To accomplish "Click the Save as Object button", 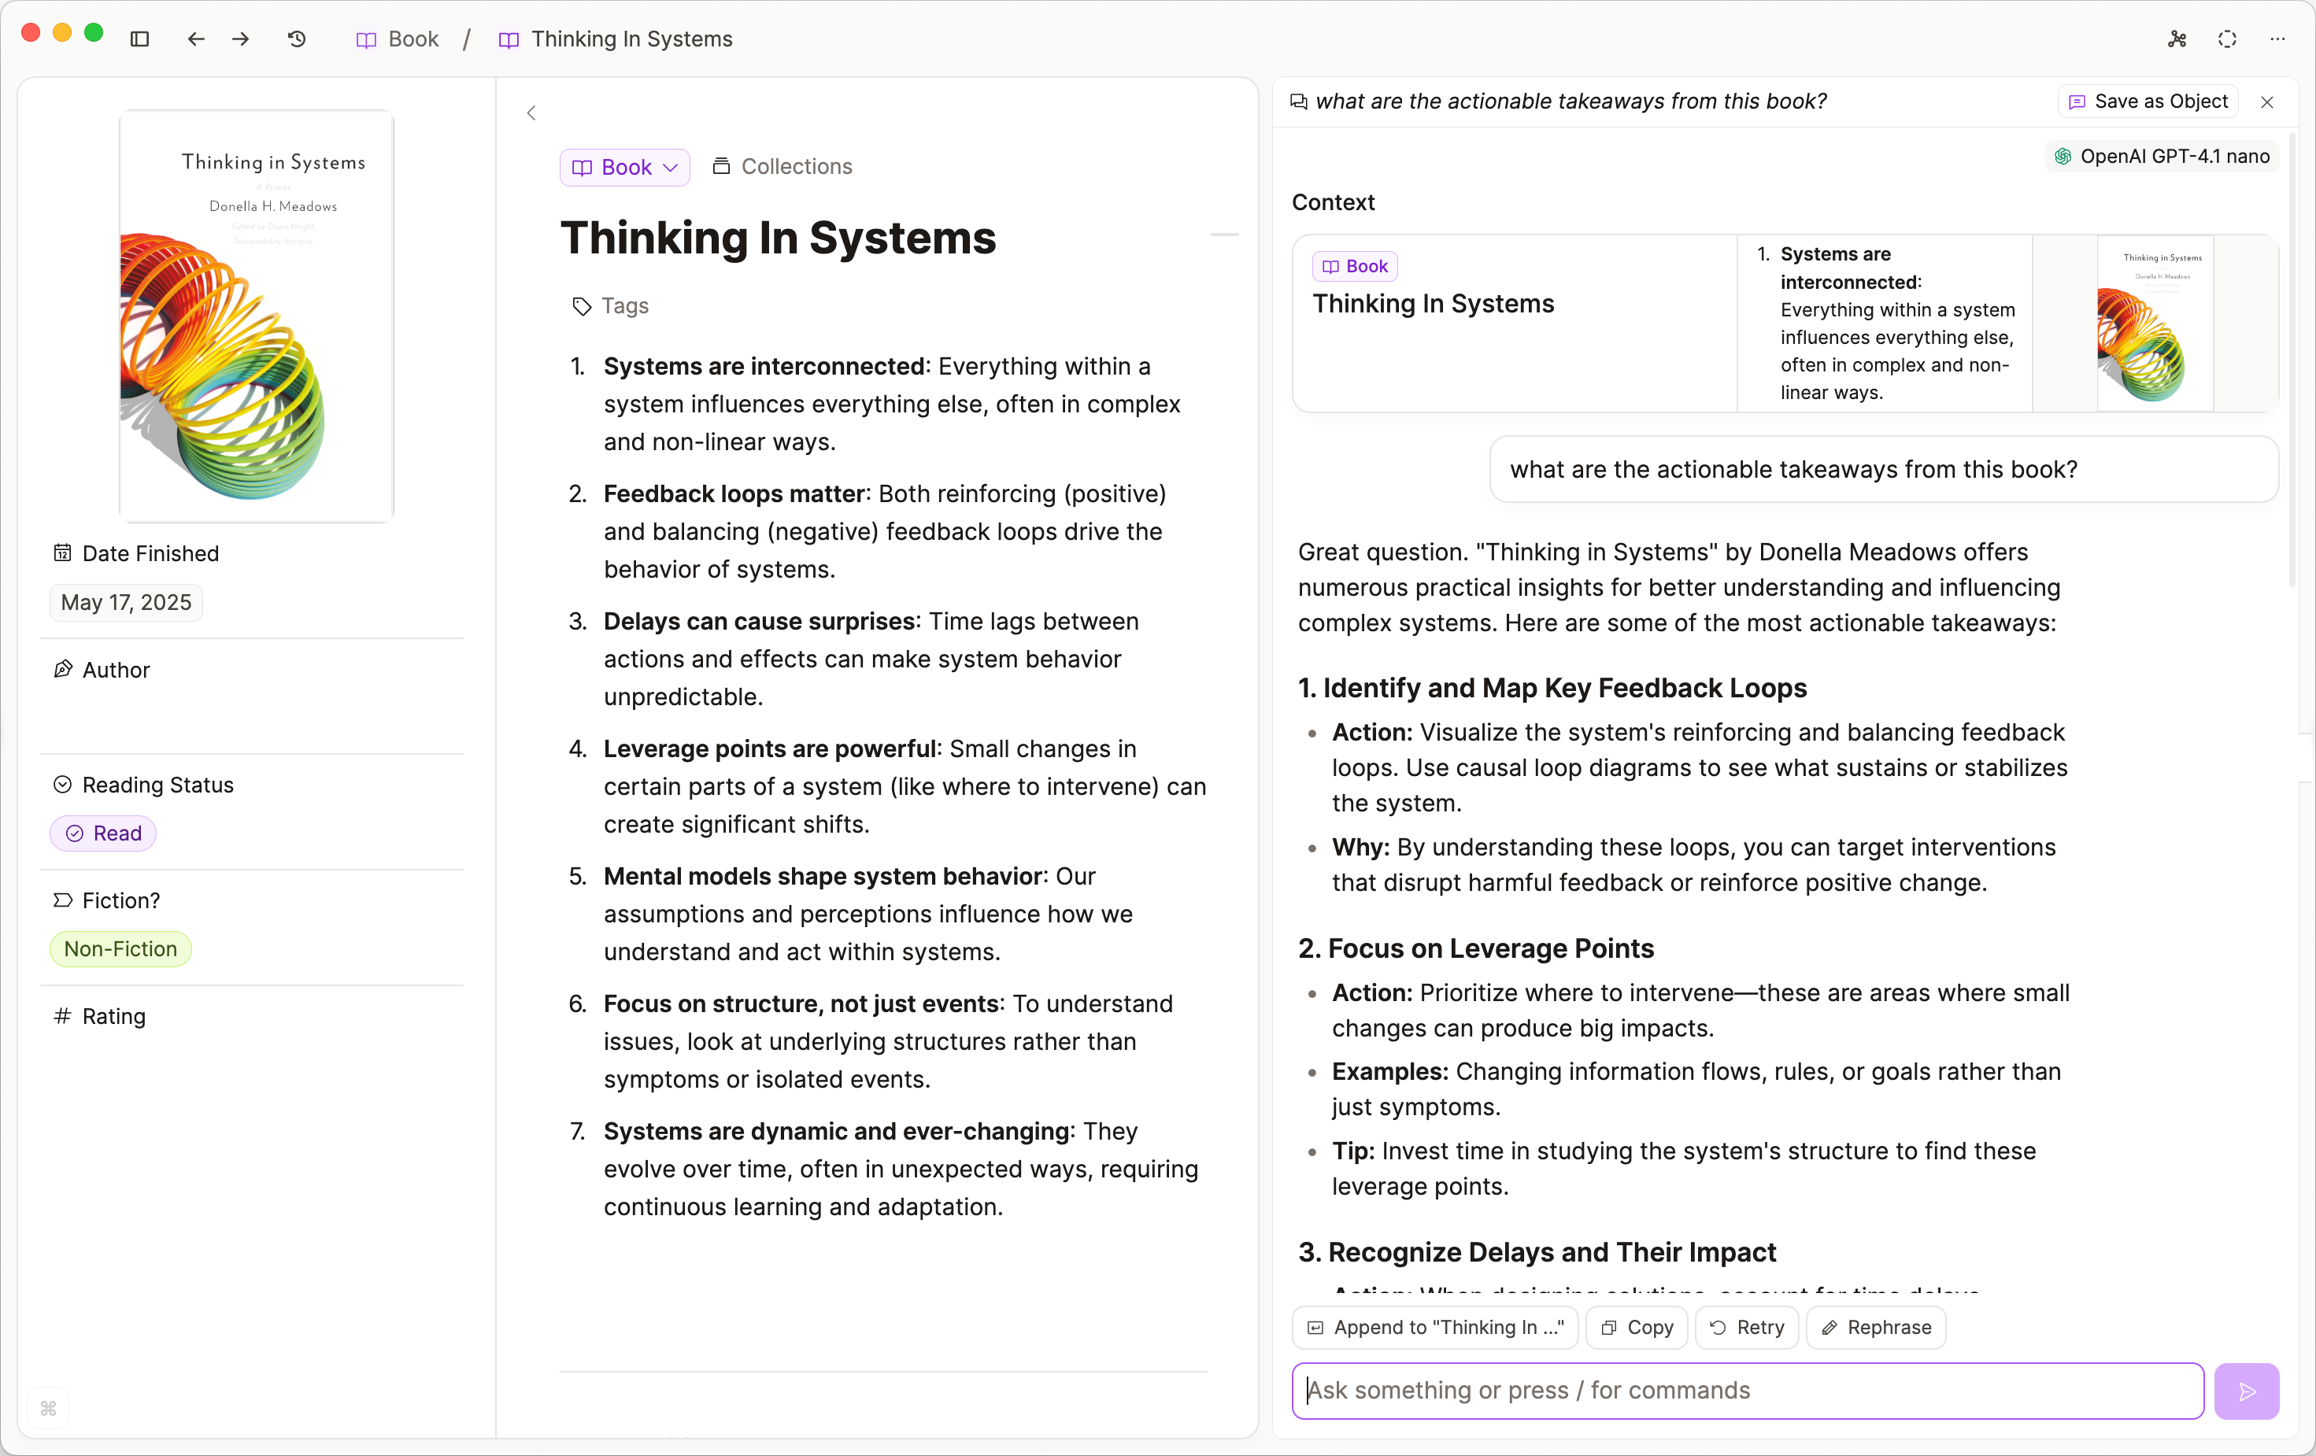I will click(2148, 102).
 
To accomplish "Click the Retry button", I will click(1747, 1327).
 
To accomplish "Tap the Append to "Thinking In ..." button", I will click(1435, 1327).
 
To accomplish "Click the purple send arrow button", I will click(2246, 1391).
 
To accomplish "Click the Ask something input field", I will click(1747, 1391).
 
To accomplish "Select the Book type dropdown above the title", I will click(625, 168).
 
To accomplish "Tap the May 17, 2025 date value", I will click(126, 602).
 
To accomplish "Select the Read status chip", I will click(103, 833).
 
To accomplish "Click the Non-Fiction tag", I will click(120, 948).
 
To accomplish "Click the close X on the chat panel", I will click(2267, 102).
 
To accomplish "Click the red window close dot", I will click(31, 33).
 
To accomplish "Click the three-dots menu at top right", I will click(2277, 39).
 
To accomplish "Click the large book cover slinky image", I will click(256, 316).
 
